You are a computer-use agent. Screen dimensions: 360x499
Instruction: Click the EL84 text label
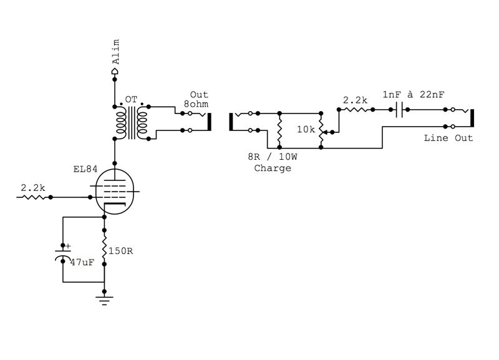[84, 168]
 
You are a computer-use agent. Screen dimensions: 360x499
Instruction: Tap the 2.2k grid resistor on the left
[34, 197]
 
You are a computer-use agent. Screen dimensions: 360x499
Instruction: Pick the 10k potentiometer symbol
[321, 132]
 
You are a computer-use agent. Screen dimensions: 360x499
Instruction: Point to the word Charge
[273, 168]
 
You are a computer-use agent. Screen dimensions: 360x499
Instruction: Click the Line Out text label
[448, 138]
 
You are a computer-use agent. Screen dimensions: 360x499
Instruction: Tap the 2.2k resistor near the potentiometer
[356, 109]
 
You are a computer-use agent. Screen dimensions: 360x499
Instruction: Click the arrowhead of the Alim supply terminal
[115, 72]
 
